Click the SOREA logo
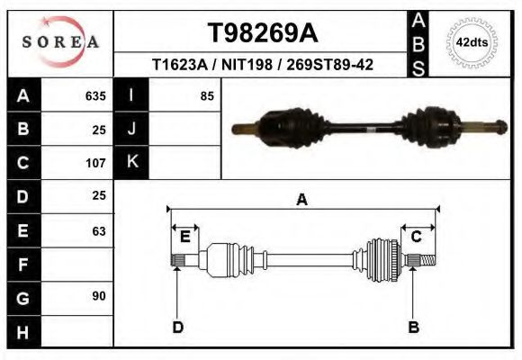(x=60, y=42)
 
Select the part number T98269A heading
(x=262, y=32)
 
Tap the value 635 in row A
(x=95, y=95)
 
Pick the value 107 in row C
(x=95, y=163)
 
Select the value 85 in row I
(x=206, y=95)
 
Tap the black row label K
(x=131, y=162)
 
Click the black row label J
(x=131, y=129)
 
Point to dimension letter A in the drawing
(x=301, y=200)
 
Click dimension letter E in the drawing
(x=184, y=237)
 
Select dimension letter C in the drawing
(x=417, y=237)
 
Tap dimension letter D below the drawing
(x=177, y=327)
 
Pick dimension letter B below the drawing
(x=413, y=327)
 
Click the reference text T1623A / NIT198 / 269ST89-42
(x=263, y=65)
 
